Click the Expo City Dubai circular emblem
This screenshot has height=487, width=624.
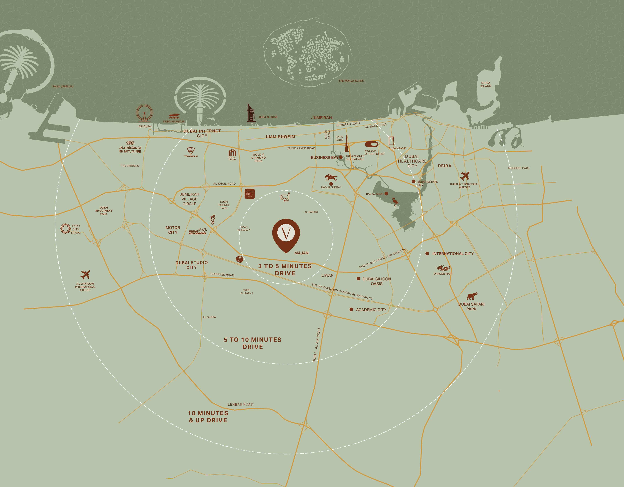[x=65, y=229]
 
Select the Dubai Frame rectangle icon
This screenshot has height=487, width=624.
[x=392, y=141]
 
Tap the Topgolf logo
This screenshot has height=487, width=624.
[x=191, y=152]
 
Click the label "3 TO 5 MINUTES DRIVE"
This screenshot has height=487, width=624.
[x=285, y=269]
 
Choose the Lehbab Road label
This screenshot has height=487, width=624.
[x=240, y=404]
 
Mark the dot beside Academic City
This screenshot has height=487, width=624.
[x=351, y=309]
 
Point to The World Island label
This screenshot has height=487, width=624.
[x=351, y=81]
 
